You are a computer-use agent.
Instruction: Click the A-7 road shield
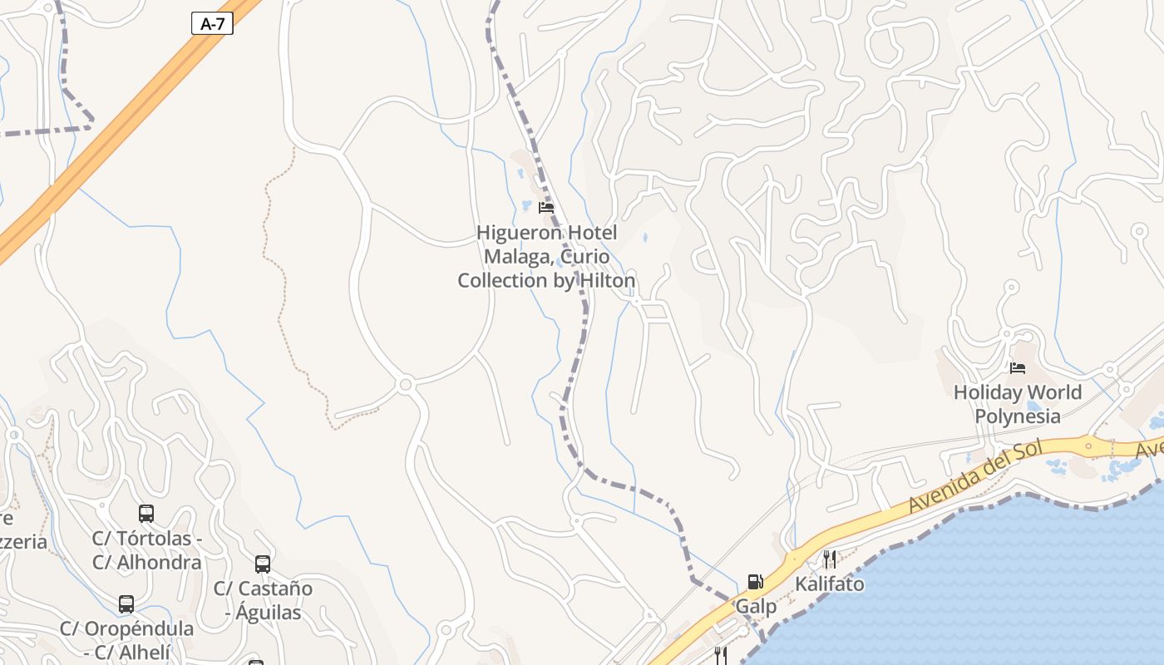click(x=213, y=23)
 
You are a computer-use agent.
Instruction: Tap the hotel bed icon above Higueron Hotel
click(x=546, y=207)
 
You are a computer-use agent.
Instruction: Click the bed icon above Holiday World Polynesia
click(x=1017, y=367)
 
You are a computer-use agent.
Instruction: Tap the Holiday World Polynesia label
click(x=1017, y=404)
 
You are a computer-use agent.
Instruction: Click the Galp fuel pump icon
click(x=755, y=581)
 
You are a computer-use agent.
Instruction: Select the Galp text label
click(x=756, y=607)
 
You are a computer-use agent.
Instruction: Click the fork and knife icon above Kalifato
click(x=829, y=559)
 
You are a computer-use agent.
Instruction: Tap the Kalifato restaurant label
click(x=829, y=584)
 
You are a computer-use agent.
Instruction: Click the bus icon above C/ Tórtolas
click(x=146, y=514)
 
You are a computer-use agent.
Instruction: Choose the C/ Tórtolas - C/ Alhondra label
click(x=146, y=550)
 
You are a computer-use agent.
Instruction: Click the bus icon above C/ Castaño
click(x=263, y=564)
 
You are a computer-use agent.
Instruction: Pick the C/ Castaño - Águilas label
click(x=263, y=600)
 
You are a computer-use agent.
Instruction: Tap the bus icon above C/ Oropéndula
click(x=126, y=603)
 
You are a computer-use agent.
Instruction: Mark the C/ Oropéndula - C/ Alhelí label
click(x=126, y=640)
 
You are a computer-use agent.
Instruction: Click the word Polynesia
click(x=1017, y=416)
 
